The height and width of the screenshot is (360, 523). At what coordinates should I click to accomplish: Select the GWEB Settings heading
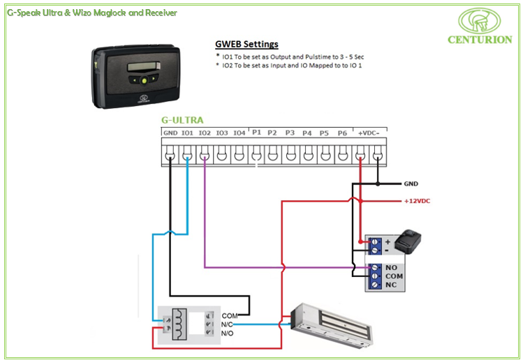click(246, 44)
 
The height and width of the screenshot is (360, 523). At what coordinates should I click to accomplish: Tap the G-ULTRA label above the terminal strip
click(182, 120)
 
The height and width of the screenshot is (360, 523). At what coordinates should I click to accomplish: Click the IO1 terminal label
click(187, 133)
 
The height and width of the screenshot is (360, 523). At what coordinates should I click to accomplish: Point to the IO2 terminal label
click(205, 133)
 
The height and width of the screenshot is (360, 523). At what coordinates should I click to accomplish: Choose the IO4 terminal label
click(239, 133)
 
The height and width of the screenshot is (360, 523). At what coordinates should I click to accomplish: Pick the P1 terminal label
click(256, 133)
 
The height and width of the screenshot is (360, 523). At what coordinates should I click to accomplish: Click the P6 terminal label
click(342, 133)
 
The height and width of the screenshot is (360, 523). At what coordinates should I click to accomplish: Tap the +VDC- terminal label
click(368, 133)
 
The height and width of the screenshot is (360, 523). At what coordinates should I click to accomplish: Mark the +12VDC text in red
click(418, 201)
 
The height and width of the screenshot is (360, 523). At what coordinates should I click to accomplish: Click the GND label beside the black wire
click(411, 184)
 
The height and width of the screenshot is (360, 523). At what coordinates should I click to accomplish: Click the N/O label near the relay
click(227, 333)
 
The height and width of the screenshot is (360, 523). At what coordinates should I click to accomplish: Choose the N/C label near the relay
click(227, 324)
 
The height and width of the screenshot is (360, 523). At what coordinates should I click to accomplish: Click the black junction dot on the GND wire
click(378, 184)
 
